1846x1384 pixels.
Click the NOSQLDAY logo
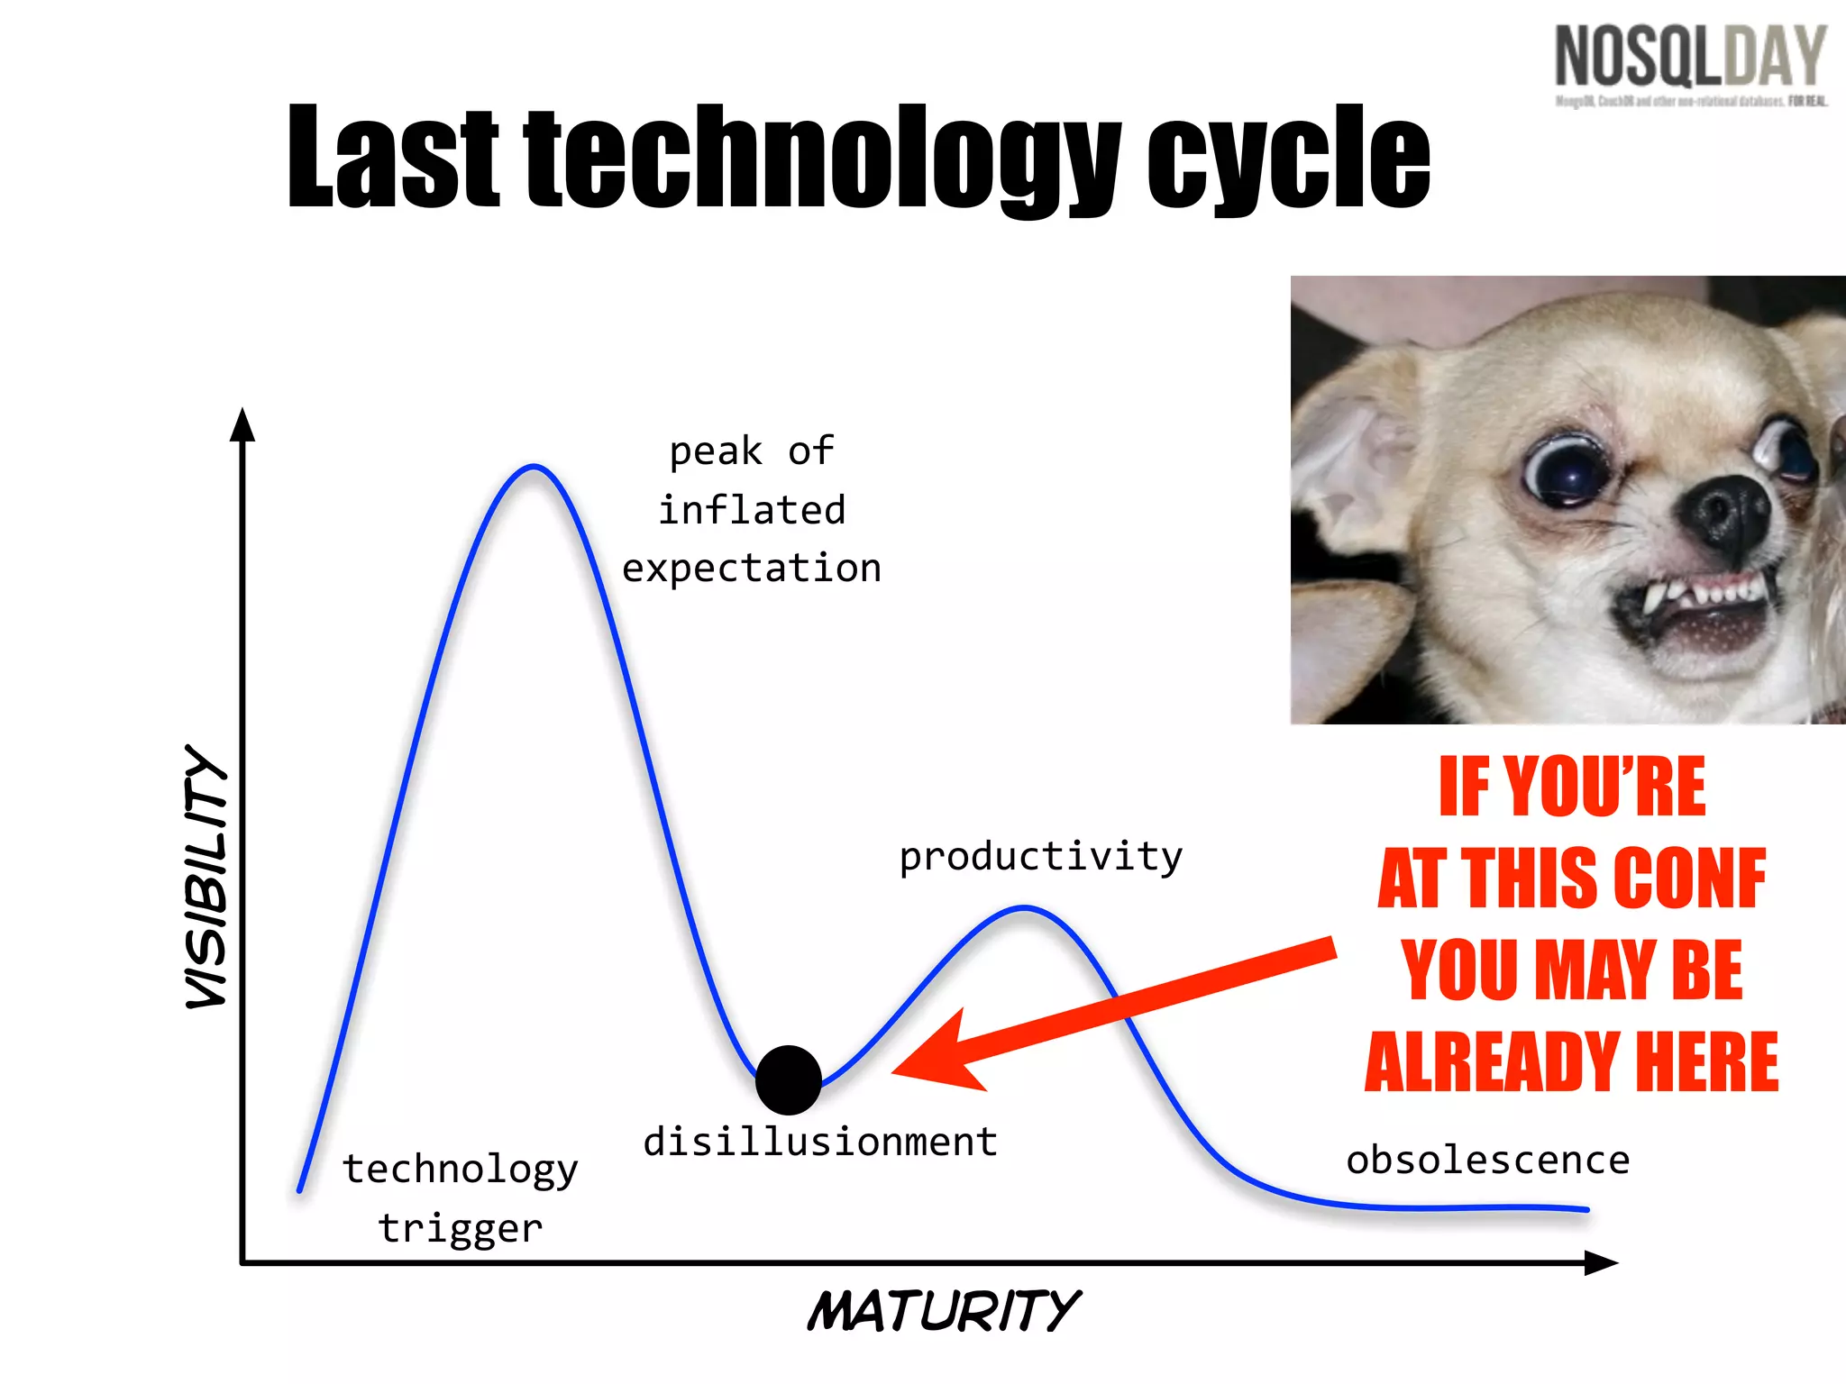[x=1690, y=59]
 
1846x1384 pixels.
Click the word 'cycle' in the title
[x=1288, y=158]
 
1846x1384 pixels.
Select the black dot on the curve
[x=788, y=1079]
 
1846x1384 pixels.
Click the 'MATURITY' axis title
[x=943, y=1311]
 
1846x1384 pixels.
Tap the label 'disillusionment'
[x=819, y=1142]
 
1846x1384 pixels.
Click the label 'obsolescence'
[x=1487, y=1161]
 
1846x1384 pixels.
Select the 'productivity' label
[x=1040, y=857]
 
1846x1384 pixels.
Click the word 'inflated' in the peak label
[x=752, y=510]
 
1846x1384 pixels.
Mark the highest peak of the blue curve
[x=534, y=467]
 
